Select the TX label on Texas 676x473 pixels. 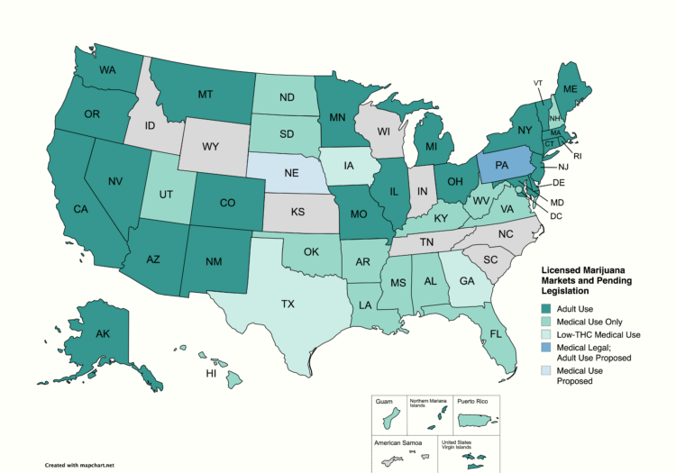288,304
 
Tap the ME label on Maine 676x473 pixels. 571,89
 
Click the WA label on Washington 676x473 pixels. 107,70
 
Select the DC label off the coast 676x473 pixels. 556,216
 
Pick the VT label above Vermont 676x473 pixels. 538,83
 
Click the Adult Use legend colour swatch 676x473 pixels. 546,309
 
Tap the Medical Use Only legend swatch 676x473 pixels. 546,322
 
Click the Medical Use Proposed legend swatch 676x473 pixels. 546,370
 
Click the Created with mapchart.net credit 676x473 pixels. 80,466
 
